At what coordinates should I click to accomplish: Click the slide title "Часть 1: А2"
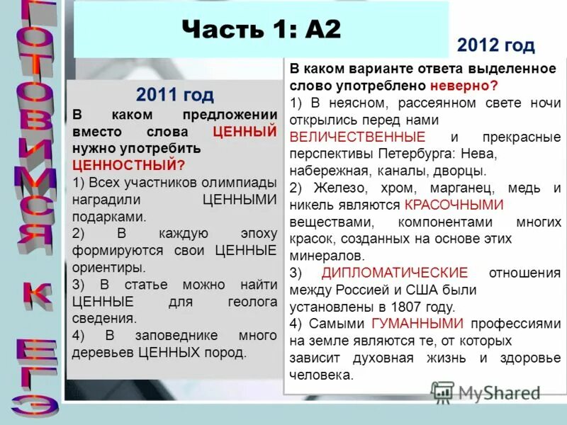(x=261, y=30)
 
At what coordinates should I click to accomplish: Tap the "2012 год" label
(x=495, y=46)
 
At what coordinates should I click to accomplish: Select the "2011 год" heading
(x=174, y=95)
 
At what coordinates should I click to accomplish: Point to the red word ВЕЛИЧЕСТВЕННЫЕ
(x=358, y=137)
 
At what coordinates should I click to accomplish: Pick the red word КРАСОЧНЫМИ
(x=454, y=205)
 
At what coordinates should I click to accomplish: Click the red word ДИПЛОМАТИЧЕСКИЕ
(x=395, y=273)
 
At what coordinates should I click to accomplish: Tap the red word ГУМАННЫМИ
(x=418, y=324)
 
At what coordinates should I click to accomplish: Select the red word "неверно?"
(x=462, y=86)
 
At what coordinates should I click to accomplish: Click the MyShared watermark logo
(x=486, y=392)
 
